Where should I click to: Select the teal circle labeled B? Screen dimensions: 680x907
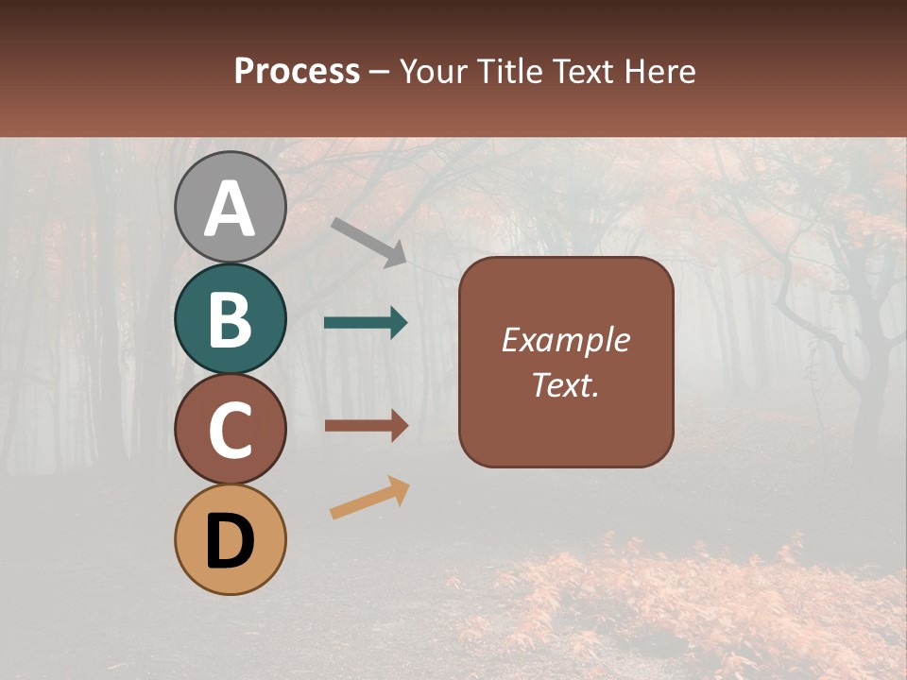pos(230,318)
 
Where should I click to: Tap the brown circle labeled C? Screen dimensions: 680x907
pos(230,429)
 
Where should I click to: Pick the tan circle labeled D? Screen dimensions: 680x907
pos(230,539)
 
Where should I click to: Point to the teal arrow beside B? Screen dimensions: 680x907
pos(366,323)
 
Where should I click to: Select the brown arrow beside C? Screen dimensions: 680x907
pos(367,426)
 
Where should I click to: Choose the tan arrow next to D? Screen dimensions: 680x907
pos(369,498)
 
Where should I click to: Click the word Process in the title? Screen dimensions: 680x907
pos(297,71)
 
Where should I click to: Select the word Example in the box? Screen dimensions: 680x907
pos(565,340)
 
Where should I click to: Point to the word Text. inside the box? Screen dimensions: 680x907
pos(565,384)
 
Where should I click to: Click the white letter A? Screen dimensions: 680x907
pos(230,210)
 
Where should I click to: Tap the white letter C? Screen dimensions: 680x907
pos(230,431)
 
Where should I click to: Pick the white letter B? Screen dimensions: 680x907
pos(230,320)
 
